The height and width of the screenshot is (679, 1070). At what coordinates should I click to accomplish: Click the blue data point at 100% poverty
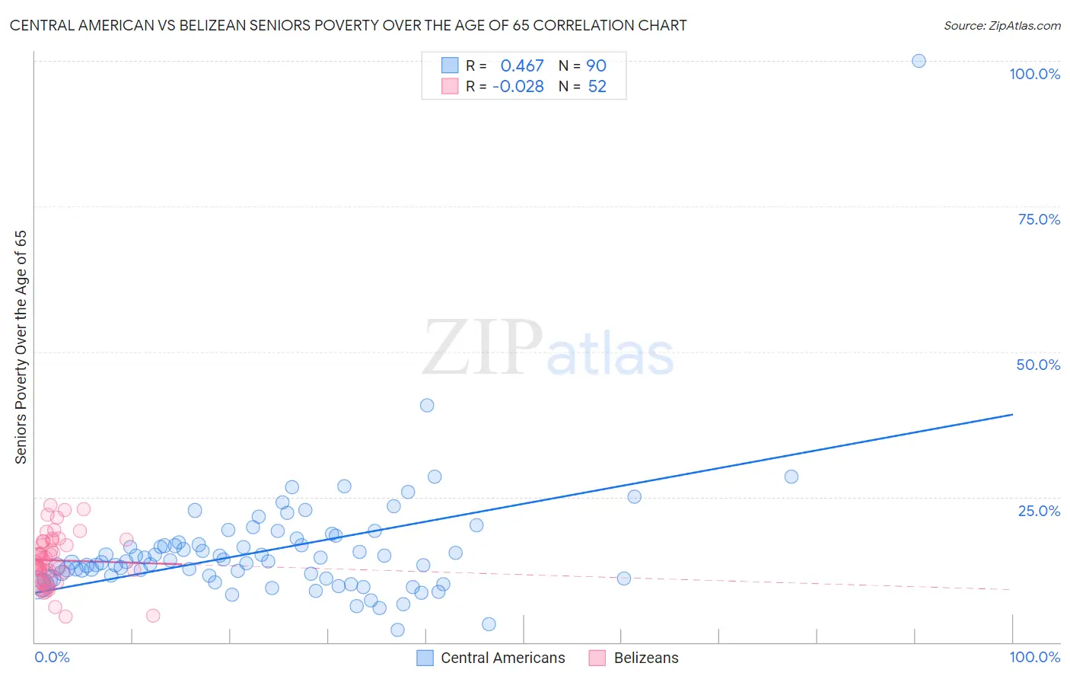click(x=919, y=61)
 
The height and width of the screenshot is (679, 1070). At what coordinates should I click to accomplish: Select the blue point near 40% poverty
click(x=427, y=405)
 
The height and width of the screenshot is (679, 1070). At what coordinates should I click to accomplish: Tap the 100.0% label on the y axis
click(x=1034, y=74)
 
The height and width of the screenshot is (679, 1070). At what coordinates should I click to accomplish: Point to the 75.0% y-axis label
click(x=1039, y=219)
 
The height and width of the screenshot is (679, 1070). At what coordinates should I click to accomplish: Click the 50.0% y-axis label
click(x=1038, y=365)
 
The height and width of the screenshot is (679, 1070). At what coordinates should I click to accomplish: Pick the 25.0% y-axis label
click(x=1039, y=511)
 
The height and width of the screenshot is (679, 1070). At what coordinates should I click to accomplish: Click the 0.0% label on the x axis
click(x=52, y=657)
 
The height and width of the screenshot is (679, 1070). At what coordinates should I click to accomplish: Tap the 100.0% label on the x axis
click(x=1034, y=657)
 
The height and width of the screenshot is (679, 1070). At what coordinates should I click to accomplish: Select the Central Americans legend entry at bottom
click(x=502, y=658)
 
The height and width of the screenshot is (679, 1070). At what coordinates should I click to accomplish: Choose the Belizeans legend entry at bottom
click(x=645, y=658)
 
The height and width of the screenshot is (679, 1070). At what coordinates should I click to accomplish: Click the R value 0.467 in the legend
click(x=522, y=65)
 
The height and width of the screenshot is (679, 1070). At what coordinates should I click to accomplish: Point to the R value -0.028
click(x=518, y=87)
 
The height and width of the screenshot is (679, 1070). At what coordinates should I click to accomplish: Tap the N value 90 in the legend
click(x=596, y=65)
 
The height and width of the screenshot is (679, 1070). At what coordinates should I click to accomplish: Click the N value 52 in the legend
click(x=597, y=87)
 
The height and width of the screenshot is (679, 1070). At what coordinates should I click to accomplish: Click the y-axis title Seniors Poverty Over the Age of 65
click(x=21, y=347)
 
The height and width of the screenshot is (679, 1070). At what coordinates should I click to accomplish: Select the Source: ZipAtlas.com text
click(x=1002, y=26)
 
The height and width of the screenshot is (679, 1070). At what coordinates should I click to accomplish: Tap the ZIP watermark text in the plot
click(x=482, y=347)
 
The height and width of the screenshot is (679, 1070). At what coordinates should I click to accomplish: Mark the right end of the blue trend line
click(x=1012, y=414)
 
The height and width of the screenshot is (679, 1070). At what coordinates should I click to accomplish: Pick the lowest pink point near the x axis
click(x=65, y=617)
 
